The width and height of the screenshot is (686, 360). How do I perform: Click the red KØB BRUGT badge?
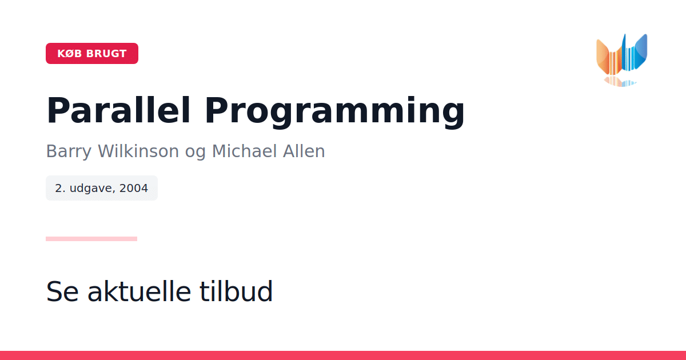(x=92, y=54)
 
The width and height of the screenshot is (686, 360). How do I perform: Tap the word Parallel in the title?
(x=118, y=110)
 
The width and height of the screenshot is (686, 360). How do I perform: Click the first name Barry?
(x=69, y=151)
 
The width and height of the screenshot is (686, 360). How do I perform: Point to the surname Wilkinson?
(x=138, y=151)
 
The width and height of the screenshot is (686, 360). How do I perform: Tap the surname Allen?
(x=304, y=151)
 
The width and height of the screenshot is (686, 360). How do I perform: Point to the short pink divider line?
(x=91, y=239)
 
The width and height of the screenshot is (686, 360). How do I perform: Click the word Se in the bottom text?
(x=62, y=291)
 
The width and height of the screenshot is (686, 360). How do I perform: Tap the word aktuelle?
(x=139, y=291)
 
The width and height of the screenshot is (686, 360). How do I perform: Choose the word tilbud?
(x=236, y=291)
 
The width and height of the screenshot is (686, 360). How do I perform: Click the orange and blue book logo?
(x=622, y=60)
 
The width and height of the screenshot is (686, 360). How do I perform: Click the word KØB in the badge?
(x=70, y=54)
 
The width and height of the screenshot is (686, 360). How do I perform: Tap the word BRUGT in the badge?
(x=106, y=54)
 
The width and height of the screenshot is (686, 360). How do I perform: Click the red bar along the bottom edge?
(x=343, y=355)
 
